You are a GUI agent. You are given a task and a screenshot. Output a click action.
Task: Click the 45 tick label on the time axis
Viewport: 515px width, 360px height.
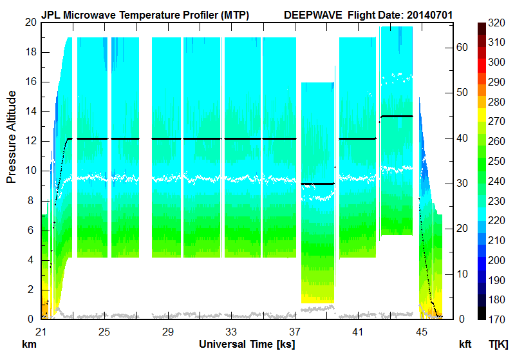[421, 332]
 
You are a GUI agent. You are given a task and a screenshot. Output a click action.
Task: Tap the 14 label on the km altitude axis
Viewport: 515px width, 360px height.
[30, 111]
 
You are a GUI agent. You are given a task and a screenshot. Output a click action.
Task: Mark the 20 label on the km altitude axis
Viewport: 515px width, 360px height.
[30, 23]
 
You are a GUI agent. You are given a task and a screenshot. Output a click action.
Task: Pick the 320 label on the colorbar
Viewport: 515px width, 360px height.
[496, 23]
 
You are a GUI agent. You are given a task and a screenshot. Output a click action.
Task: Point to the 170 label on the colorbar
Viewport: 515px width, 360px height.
[496, 319]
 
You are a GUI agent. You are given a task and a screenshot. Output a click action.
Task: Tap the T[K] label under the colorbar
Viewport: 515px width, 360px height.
[498, 345]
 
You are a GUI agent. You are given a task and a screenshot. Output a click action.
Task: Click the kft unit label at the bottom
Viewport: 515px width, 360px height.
[465, 345]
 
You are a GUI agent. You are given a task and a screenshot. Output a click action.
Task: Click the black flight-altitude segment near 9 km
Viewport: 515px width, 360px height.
[318, 184]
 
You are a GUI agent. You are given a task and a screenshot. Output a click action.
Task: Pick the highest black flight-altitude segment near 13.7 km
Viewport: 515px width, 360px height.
[397, 116]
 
